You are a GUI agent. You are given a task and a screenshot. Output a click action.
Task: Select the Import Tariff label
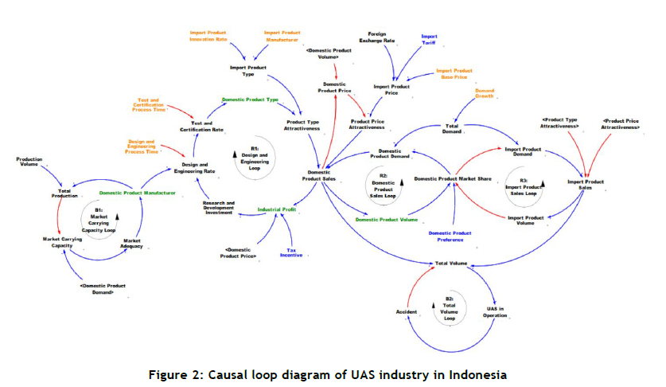(x=429, y=39)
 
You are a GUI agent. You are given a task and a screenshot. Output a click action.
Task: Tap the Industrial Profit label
(x=277, y=209)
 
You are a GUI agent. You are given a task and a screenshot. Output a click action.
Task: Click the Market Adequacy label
(x=133, y=242)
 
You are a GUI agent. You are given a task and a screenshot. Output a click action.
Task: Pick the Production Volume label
(x=29, y=162)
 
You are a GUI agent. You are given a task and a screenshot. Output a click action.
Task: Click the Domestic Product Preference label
(x=452, y=236)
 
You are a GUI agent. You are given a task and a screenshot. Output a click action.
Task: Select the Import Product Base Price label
(x=454, y=74)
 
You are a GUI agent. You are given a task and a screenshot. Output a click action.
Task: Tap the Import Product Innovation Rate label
(x=207, y=36)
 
